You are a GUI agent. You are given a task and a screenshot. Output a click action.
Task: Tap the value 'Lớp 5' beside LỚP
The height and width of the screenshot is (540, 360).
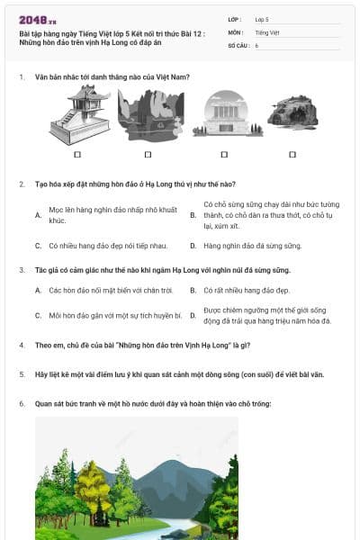pyautogui.click(x=262, y=19)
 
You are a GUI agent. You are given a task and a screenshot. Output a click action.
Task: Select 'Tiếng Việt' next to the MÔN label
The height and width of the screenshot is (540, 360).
pyautogui.click(x=265, y=31)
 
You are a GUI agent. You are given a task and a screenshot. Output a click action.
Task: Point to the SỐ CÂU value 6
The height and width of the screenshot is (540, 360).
pyautogui.click(x=256, y=44)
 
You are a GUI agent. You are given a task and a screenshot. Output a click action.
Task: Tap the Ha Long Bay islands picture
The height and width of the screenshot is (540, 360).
pyautogui.click(x=150, y=114)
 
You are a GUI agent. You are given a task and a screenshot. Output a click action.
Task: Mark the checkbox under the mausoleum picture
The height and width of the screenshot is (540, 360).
pyautogui.click(x=220, y=155)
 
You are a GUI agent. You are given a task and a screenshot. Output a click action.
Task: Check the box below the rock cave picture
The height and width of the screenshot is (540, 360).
pyautogui.click(x=292, y=155)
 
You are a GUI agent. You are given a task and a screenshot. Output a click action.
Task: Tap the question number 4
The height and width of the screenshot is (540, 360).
pyautogui.click(x=21, y=345)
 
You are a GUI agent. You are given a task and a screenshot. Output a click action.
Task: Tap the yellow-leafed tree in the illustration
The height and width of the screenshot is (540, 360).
pyautogui.click(x=92, y=486)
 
